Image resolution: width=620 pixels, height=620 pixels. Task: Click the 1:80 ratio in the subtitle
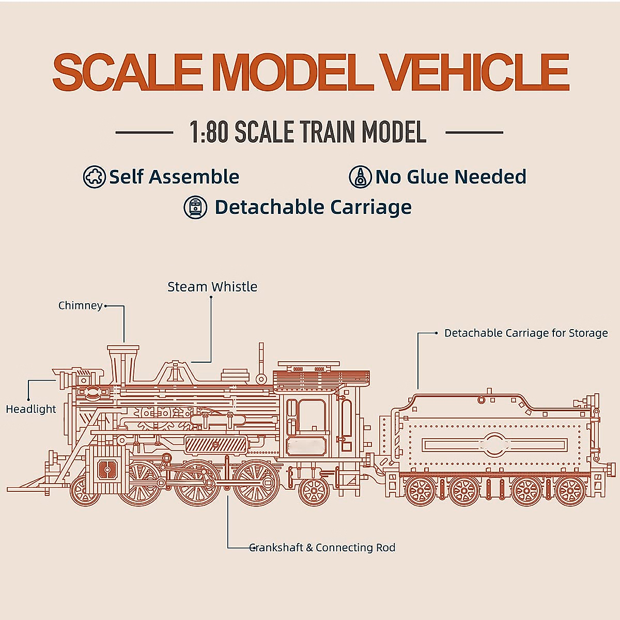tap(209, 132)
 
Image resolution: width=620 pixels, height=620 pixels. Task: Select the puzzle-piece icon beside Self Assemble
tap(94, 177)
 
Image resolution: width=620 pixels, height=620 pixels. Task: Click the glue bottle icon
tap(360, 177)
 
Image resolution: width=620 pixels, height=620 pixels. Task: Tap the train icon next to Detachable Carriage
tap(195, 207)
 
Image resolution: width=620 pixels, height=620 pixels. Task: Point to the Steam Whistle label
tap(212, 287)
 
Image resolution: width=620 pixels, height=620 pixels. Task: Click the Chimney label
tap(80, 305)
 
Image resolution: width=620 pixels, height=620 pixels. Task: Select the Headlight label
tap(30, 409)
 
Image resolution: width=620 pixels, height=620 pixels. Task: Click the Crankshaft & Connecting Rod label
tap(322, 548)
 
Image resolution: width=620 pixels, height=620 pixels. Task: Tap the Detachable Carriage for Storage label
tap(526, 333)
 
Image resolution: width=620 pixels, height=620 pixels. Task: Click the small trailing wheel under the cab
tap(314, 490)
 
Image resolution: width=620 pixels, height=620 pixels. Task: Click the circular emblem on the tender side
tap(494, 444)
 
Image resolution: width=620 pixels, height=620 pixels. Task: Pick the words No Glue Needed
tap(451, 177)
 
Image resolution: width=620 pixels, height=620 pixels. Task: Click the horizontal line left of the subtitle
tap(144, 133)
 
